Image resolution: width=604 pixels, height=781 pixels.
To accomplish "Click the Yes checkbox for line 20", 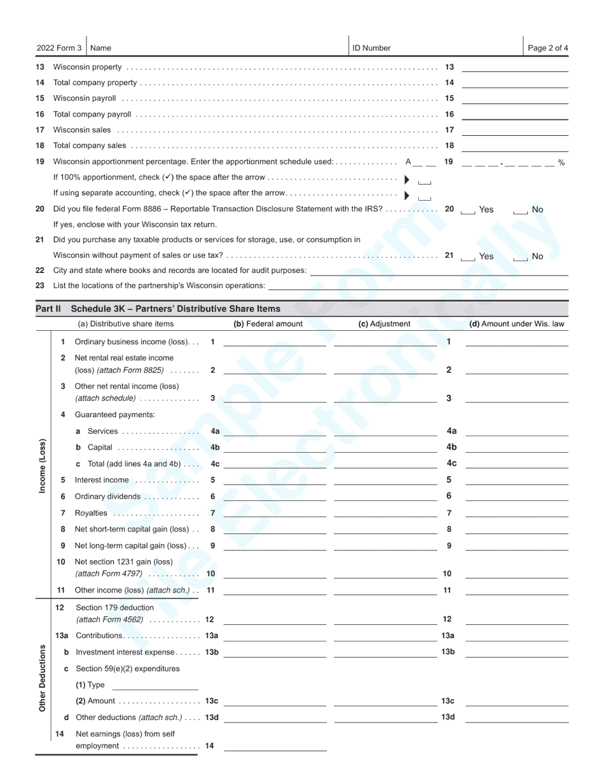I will [x=467, y=210].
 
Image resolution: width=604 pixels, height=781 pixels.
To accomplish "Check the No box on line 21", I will [x=521, y=257].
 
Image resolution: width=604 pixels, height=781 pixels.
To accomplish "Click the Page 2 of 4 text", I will [x=547, y=48].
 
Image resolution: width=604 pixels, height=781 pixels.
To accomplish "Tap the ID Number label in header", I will [x=371, y=48].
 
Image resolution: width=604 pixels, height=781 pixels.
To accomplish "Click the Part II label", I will [x=48, y=309].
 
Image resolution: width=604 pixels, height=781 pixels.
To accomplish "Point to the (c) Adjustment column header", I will [x=384, y=324].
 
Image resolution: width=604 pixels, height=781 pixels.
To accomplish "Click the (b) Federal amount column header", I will [x=268, y=324].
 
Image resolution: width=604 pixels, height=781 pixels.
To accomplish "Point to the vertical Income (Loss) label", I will [x=43, y=466].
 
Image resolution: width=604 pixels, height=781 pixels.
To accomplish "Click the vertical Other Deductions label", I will [x=43, y=678].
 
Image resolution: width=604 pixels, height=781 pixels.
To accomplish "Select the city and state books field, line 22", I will [x=438, y=271].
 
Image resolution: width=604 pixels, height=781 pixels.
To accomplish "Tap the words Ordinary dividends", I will [x=107, y=497].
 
